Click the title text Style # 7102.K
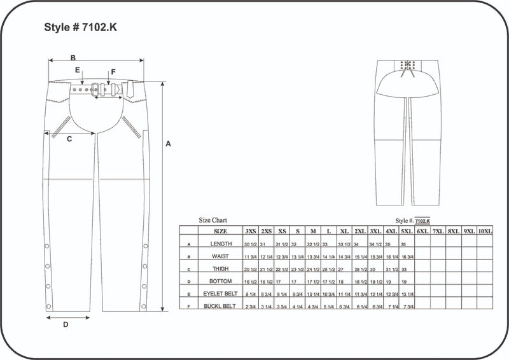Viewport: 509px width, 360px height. point(80,27)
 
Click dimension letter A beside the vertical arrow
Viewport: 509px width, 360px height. point(168,144)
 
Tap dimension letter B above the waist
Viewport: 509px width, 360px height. point(73,57)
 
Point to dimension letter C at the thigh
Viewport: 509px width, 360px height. point(69,139)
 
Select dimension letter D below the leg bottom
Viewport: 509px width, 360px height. point(66,324)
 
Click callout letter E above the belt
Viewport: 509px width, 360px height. point(77,70)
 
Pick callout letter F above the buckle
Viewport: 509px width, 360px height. point(113,72)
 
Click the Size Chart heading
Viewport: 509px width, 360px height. point(213,220)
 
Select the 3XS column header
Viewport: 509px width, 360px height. point(251,231)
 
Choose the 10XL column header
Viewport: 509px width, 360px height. point(485,231)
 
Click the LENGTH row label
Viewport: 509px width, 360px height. point(220,244)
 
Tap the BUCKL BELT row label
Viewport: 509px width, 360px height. point(220,306)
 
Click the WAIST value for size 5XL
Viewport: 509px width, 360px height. point(407,256)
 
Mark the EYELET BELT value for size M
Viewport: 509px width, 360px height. point(313,294)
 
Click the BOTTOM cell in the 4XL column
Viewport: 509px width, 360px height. point(391,281)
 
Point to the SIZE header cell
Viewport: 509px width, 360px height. point(220,231)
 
